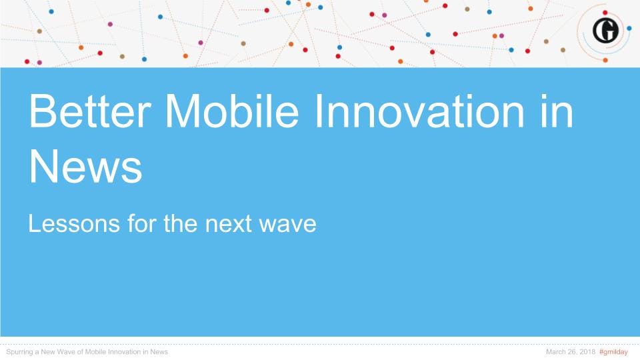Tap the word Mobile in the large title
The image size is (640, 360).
[x=232, y=111]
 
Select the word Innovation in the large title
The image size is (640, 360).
[x=419, y=111]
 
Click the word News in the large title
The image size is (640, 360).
[x=85, y=167]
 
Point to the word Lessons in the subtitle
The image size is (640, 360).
[x=74, y=224]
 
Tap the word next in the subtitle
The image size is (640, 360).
[x=228, y=224]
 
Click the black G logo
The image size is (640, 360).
[x=605, y=31]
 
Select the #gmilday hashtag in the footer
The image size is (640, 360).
[x=613, y=352]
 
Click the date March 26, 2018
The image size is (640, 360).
[x=571, y=352]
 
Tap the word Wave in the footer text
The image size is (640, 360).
[x=67, y=352]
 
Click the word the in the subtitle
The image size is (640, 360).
[x=181, y=224]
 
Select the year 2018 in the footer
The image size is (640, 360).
[x=587, y=352]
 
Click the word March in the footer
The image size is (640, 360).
[x=555, y=352]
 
